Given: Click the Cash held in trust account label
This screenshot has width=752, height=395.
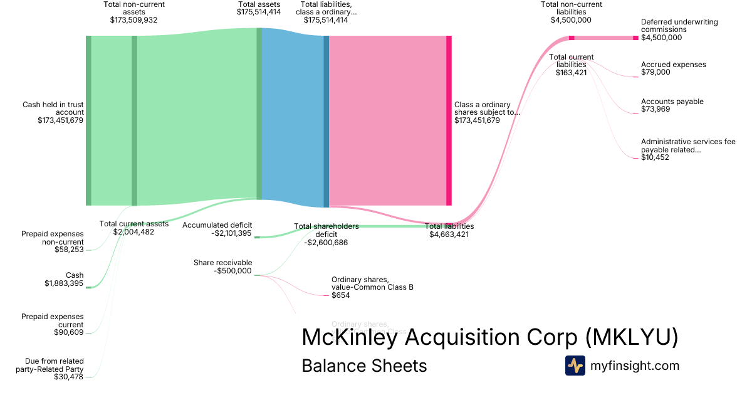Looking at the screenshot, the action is (53, 108).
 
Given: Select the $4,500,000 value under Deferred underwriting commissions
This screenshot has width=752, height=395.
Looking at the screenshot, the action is (661, 38).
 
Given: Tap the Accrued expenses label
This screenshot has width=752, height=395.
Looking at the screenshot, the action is (673, 65).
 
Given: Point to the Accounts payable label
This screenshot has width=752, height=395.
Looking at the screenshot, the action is (672, 102).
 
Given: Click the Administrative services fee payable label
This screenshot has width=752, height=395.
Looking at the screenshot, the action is (687, 145).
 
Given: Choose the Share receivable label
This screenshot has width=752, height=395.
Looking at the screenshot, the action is (222, 263).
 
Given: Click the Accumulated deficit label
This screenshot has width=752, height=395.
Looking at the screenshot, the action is (217, 225).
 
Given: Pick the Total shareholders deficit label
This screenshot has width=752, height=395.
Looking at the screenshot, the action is (326, 230).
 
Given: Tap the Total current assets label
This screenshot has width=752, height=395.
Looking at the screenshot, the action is (133, 224).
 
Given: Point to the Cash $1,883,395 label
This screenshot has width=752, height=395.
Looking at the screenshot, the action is (62, 279).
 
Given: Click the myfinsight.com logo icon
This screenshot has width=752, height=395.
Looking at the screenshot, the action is (575, 366).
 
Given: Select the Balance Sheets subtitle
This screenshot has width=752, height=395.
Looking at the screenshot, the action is (364, 366).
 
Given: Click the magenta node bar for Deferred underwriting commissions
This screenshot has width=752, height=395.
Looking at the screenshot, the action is (635, 38).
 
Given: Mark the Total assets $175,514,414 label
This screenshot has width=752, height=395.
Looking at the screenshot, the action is (259, 8).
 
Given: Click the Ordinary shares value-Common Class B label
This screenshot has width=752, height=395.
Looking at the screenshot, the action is (372, 283).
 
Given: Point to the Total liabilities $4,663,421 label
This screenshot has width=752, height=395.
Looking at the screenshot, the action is (449, 230).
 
